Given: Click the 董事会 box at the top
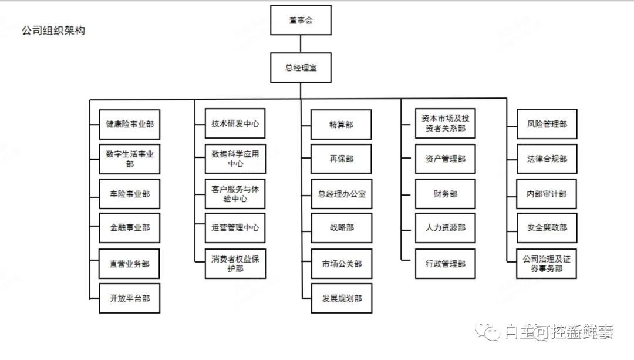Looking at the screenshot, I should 301,20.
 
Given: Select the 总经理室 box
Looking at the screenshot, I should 301,68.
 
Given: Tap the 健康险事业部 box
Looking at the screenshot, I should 130,124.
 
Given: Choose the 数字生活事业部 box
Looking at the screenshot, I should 130,159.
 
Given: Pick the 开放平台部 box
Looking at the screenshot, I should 130,298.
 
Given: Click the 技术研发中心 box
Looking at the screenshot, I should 235,124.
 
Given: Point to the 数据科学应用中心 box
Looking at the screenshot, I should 235,159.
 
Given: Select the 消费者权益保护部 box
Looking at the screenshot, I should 235,264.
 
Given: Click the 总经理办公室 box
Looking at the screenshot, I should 342,194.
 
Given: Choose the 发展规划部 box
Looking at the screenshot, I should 342,298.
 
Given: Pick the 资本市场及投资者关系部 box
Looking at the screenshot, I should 445,123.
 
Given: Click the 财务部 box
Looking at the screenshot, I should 445,194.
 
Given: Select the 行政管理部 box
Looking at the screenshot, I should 445,264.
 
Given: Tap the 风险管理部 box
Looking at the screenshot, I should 547,124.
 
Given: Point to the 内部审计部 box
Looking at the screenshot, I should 547,194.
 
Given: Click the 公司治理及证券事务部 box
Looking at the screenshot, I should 547,264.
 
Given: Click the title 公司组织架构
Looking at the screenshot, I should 53,31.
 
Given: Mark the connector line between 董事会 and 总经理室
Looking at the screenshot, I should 301,44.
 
